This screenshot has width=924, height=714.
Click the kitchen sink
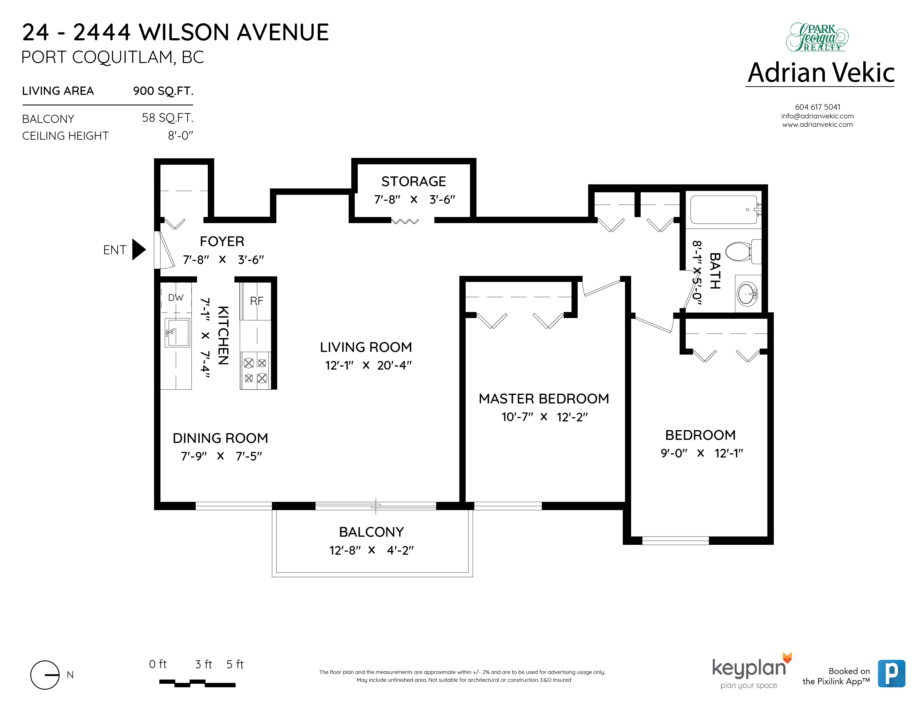pos(177,332)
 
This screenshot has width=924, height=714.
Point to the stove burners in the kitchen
pos(256,370)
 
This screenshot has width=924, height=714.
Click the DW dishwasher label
pos(176,298)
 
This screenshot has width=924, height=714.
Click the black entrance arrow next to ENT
pos(138,249)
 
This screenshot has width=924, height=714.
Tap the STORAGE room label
pos(413,181)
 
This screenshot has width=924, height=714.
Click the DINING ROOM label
pos(220,438)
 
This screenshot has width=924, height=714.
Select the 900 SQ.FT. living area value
pos(163,91)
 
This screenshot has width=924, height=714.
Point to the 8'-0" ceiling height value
pos(180,136)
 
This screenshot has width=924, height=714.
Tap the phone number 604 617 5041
pos(817,107)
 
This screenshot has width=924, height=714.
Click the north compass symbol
pos(45,675)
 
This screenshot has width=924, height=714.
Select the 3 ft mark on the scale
pos(204,664)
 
